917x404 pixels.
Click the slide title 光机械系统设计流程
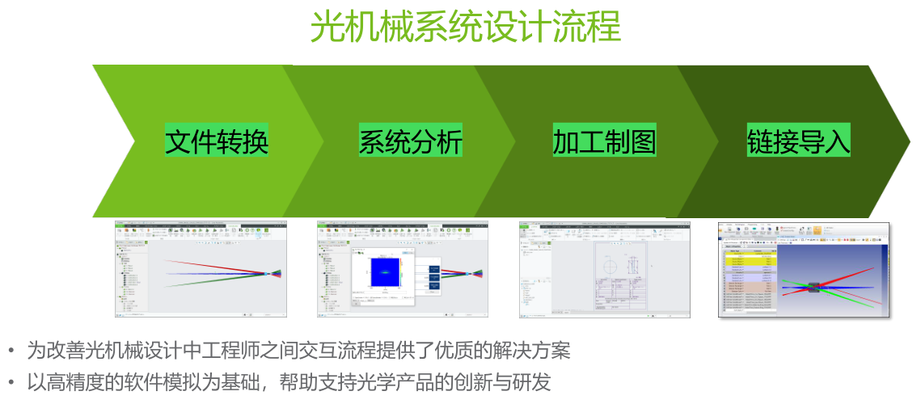tap(466, 27)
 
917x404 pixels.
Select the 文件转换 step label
tap(217, 141)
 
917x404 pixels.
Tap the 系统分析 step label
tap(411, 141)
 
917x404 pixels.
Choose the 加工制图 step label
tap(604, 141)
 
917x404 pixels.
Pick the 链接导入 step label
tap(798, 141)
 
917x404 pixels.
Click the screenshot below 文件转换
tap(201, 269)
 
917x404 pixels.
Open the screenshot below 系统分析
tap(403, 269)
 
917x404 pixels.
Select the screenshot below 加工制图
tap(604, 269)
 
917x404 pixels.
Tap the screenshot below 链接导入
tap(804, 270)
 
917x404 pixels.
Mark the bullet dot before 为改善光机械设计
tap(11, 351)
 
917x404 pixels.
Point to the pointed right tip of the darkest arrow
tap(909, 141)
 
